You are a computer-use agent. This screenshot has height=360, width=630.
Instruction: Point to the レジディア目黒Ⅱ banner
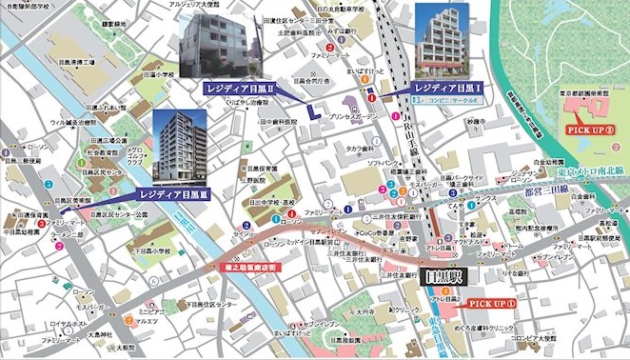pos(240,88)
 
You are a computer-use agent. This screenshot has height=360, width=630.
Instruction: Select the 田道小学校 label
pos(158,72)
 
